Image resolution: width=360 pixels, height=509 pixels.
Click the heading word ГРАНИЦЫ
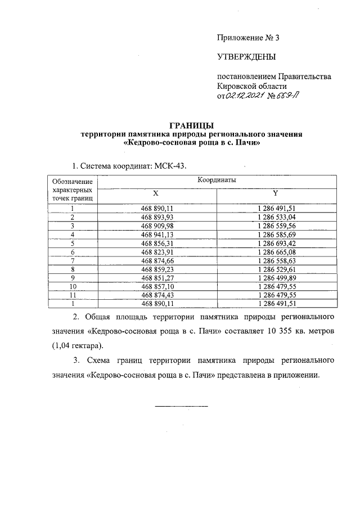coord(192,125)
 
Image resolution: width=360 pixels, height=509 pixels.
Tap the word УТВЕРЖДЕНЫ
coord(246,57)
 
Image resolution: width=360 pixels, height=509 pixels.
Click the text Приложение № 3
coord(248,38)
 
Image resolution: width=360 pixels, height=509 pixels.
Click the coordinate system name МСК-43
coord(169,166)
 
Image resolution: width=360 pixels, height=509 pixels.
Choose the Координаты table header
coord(217,179)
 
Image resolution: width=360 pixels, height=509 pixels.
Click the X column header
coord(156,193)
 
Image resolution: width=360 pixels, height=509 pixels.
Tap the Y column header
coord(276,193)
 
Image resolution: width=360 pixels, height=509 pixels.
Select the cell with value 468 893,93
coord(156,217)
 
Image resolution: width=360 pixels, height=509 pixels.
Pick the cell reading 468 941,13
coord(156,234)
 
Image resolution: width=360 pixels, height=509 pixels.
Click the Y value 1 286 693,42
coord(276,243)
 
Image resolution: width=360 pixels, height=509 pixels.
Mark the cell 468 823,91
coord(156,251)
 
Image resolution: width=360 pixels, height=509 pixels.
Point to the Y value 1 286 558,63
coord(276,260)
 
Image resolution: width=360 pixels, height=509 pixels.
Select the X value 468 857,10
coord(156,286)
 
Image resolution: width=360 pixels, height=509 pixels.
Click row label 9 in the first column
coord(73,278)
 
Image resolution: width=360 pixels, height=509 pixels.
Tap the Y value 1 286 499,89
coord(276,278)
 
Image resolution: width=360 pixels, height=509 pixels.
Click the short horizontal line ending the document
coord(181,406)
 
